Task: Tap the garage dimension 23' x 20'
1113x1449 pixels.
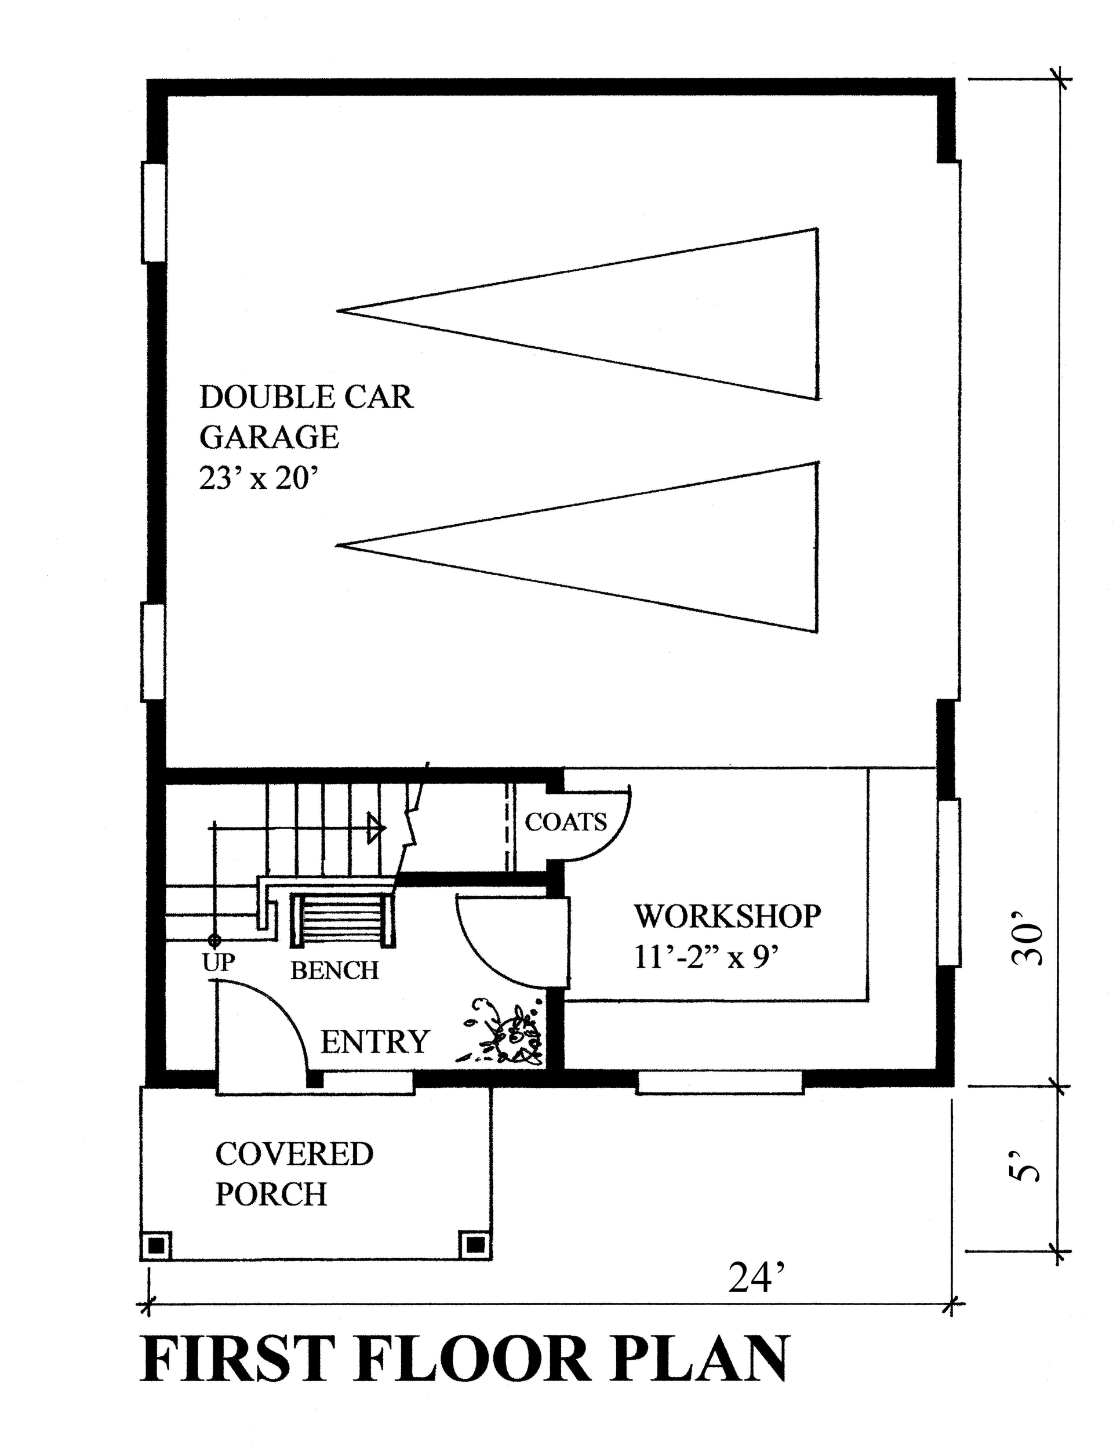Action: (255, 478)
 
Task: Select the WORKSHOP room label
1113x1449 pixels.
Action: (728, 916)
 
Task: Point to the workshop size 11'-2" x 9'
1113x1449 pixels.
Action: (706, 957)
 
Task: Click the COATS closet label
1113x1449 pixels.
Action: (566, 822)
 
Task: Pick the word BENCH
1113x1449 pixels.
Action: (334, 971)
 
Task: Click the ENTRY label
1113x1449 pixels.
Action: (375, 1042)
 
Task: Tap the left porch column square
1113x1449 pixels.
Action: (157, 1246)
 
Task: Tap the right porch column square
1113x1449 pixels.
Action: (474, 1246)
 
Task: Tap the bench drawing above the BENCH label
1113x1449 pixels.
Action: (343, 918)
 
